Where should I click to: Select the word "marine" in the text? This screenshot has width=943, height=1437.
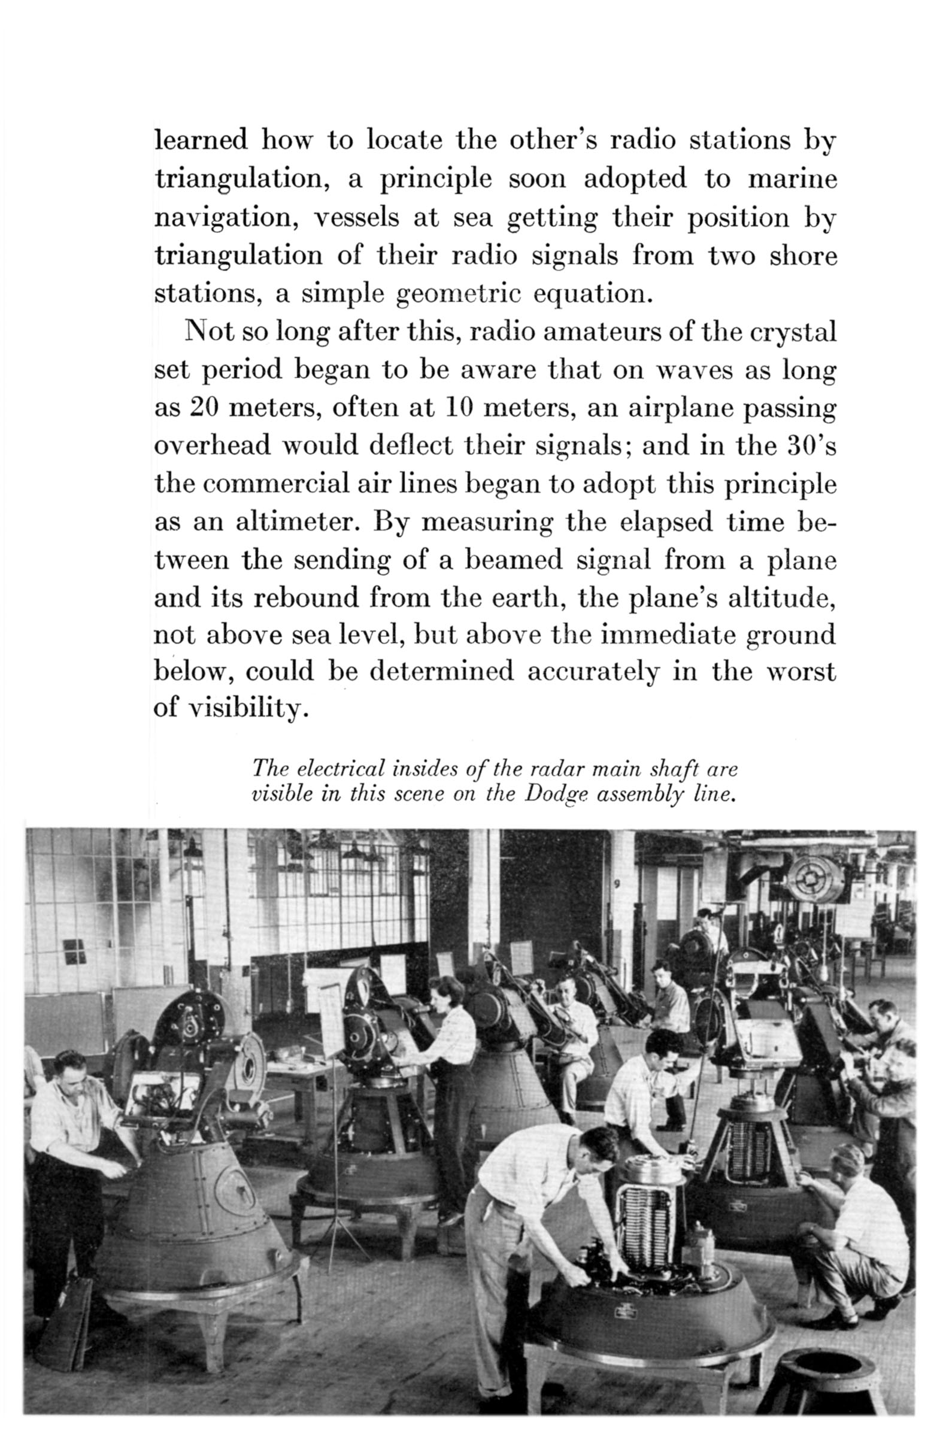point(792,178)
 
